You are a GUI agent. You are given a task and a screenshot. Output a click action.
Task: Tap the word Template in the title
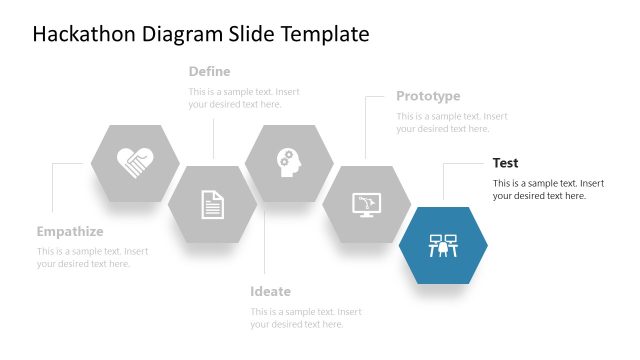click(x=320, y=35)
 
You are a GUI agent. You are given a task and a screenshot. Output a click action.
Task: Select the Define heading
click(x=210, y=72)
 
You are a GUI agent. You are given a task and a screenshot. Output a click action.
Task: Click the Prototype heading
click(x=428, y=96)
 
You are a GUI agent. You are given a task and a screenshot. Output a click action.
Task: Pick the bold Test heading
click(x=506, y=163)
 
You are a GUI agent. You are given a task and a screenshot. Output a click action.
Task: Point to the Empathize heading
click(x=70, y=231)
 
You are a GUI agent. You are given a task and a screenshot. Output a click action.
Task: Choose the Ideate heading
click(x=271, y=292)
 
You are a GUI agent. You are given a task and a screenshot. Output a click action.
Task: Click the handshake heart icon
click(x=135, y=162)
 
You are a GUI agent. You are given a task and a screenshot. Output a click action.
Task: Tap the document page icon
click(x=212, y=204)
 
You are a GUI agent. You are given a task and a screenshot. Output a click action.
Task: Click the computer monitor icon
click(x=367, y=204)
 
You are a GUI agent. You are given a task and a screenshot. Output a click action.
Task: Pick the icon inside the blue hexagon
click(x=443, y=245)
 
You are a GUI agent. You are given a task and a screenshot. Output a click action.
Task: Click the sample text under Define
click(x=244, y=98)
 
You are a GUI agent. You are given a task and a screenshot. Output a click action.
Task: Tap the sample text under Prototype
click(x=451, y=122)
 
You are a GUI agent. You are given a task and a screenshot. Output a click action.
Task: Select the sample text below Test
click(x=548, y=189)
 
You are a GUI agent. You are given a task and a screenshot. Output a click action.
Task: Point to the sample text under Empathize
click(x=92, y=257)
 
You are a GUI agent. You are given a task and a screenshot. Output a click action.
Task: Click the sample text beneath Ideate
click(x=305, y=318)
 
